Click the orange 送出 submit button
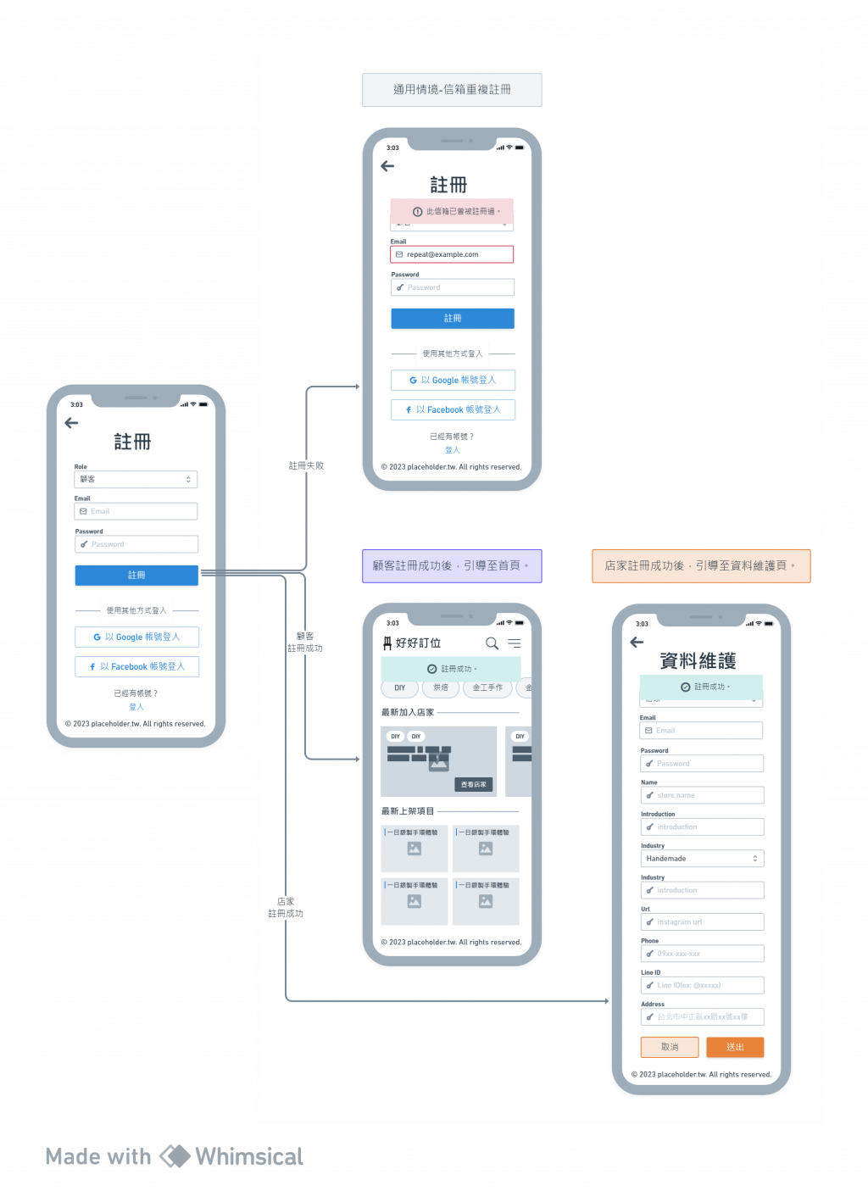(x=735, y=1047)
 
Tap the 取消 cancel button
(x=670, y=1047)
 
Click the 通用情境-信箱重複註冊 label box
(x=452, y=89)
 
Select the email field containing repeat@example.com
(x=452, y=254)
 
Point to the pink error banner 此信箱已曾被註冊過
(x=452, y=211)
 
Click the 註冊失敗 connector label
(x=306, y=465)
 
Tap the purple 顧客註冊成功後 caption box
(x=452, y=565)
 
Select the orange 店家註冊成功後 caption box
(x=701, y=565)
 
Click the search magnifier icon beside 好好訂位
(x=492, y=643)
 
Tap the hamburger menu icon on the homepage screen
(x=515, y=643)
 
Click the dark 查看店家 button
(x=474, y=785)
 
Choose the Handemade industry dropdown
(x=702, y=859)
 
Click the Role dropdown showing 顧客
(x=136, y=479)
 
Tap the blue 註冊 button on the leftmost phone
(x=136, y=576)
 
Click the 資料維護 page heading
(x=698, y=661)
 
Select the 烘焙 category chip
(x=441, y=687)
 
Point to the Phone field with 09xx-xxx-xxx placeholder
(x=702, y=954)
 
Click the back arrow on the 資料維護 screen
(x=637, y=643)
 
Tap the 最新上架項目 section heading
(x=408, y=811)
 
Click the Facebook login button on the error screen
(x=453, y=410)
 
